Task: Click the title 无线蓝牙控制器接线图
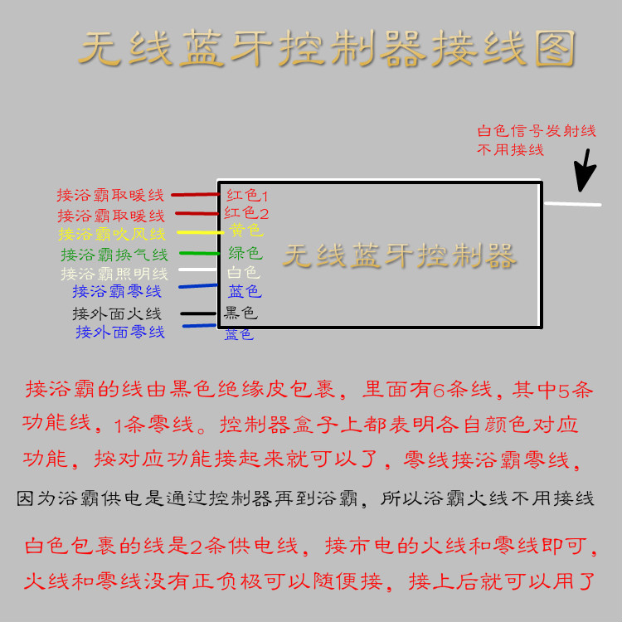[327, 50]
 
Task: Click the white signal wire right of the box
[571, 203]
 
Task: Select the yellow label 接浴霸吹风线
[112, 235]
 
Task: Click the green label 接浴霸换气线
[114, 255]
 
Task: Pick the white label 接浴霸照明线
[114, 273]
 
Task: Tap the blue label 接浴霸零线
[117, 291]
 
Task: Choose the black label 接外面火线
[117, 313]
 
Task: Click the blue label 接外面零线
[120, 332]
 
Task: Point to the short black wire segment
[199, 313]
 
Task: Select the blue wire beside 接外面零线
[199, 326]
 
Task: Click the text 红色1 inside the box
[247, 196]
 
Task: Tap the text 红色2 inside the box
[246, 213]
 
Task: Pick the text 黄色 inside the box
[245, 230]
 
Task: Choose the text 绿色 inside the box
[245, 252]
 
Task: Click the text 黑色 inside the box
[241, 313]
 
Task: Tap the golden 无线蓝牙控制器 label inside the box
[399, 255]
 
